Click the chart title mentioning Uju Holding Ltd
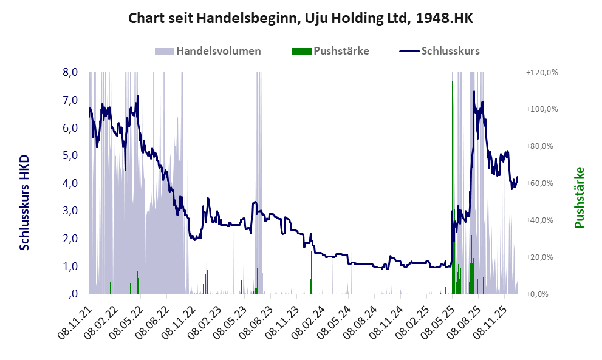click(x=300, y=19)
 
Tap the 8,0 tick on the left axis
click(x=70, y=72)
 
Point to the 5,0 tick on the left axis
click(x=70, y=155)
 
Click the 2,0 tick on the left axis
click(x=70, y=239)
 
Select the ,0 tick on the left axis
click(x=73, y=294)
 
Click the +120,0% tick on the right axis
click(x=541, y=72)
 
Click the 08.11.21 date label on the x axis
click(x=75, y=319)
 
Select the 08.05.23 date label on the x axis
click(x=231, y=319)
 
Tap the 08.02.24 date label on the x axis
click(x=309, y=319)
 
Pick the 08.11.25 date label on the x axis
click(x=491, y=319)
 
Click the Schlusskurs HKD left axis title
click(x=25, y=202)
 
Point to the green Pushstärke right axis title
click(x=579, y=197)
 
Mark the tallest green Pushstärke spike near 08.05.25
click(x=452, y=121)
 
